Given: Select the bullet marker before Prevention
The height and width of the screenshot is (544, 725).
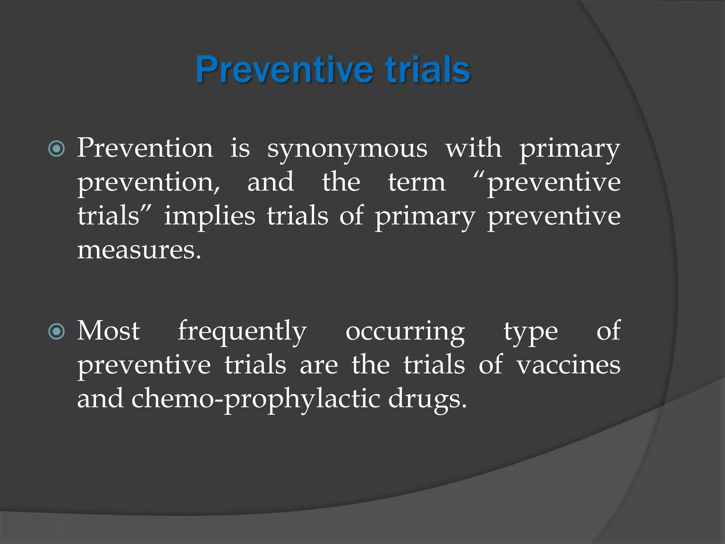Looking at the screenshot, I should pos(57,149).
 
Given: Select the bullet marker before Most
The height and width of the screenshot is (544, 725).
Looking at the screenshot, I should pos(57,332).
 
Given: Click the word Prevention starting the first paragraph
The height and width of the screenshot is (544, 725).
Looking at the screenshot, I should pos(145,148).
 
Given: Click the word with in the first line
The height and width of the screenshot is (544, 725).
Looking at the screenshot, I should pos(473,148).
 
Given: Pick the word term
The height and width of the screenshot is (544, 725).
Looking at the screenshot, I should pos(417,182).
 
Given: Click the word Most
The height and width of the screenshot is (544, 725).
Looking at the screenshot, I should pos(108,331).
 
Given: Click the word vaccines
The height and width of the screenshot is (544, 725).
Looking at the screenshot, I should pos(568,365).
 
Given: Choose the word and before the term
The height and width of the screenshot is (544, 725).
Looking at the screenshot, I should pos(270,182).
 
